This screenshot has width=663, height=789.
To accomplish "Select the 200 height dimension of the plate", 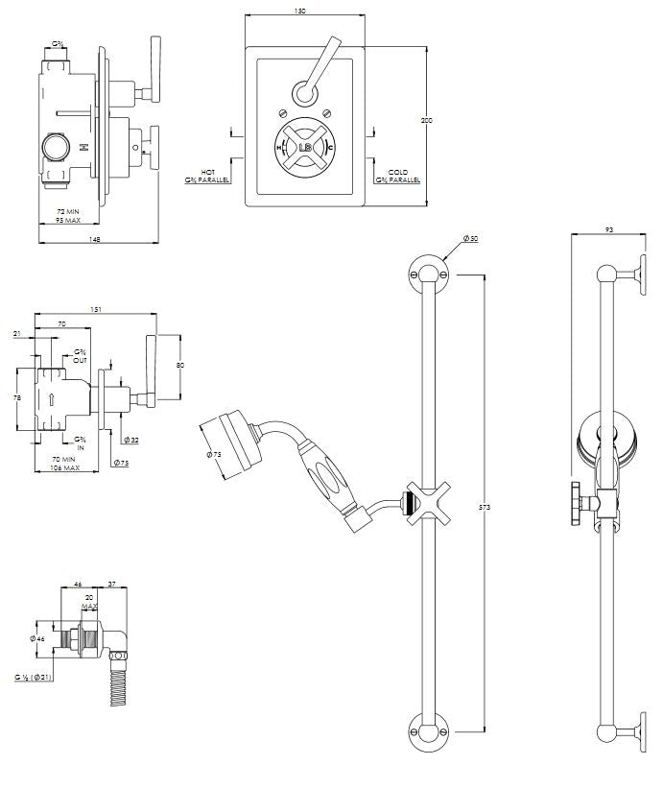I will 425,121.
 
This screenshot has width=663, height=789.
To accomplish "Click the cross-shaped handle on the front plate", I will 304,147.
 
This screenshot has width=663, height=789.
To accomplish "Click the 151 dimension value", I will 95,310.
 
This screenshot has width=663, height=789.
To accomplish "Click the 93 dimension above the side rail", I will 610,230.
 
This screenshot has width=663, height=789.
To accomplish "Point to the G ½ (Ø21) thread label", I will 33,677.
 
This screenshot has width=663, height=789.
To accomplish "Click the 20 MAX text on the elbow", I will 90,602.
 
